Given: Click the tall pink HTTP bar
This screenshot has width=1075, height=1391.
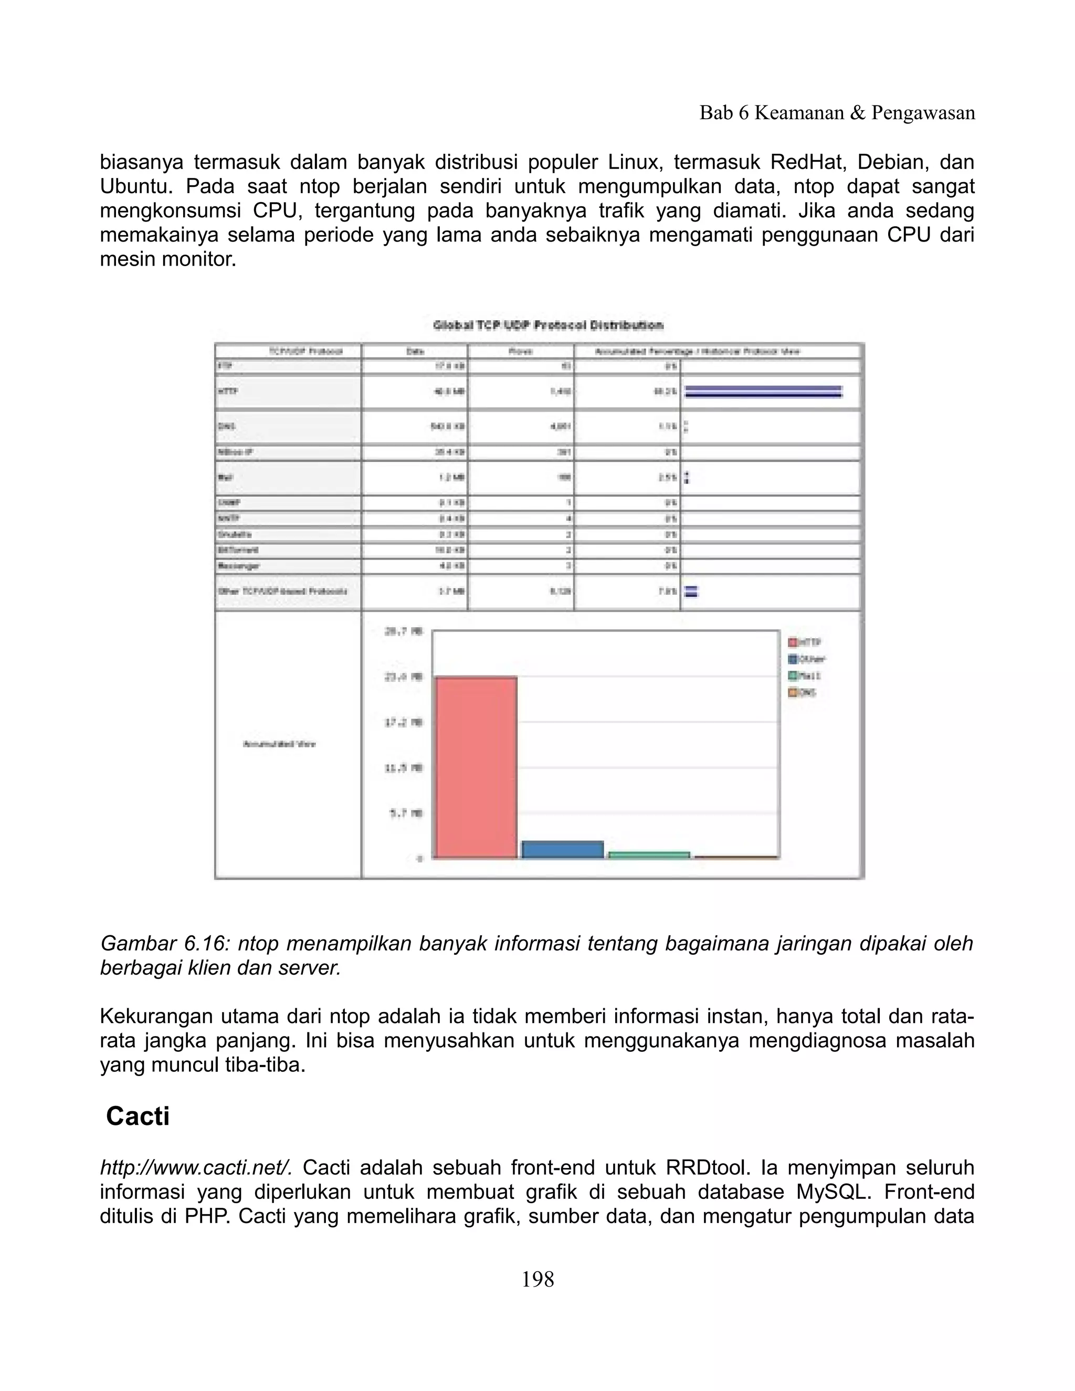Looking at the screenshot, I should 475,767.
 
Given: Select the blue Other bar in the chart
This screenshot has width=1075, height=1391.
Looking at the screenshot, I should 562,850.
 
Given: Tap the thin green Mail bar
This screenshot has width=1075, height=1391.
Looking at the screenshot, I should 649,855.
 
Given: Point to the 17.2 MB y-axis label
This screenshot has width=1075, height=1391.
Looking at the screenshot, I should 404,722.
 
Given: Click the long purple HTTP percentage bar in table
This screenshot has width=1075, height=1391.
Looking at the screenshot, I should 762,391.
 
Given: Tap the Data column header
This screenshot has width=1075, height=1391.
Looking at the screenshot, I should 415,352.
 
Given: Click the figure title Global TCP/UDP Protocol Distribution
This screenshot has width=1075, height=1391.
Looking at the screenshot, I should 547,325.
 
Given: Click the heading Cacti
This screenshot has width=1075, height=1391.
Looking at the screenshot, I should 138,1116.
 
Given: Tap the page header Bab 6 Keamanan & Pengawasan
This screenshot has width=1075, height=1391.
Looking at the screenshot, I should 837,113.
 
